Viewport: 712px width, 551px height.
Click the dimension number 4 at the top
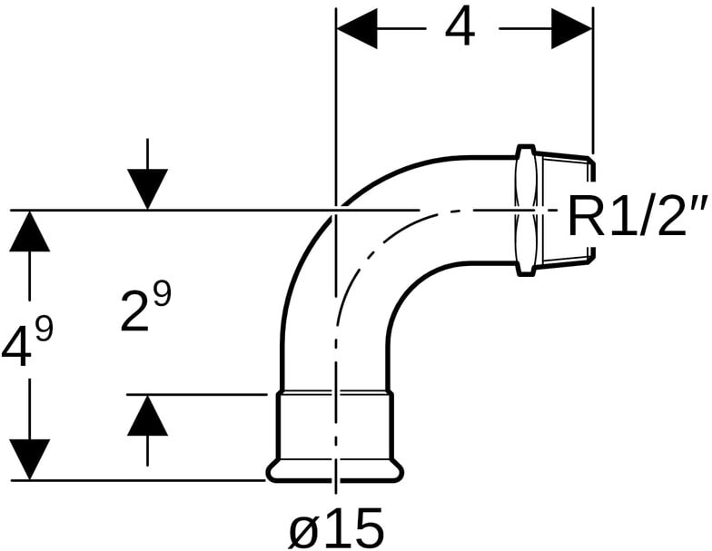[459, 29]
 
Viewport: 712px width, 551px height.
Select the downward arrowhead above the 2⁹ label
[147, 189]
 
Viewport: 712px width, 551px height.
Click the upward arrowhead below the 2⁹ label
[147, 418]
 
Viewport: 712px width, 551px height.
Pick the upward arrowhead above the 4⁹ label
[30, 232]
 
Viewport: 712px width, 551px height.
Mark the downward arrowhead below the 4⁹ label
[30, 459]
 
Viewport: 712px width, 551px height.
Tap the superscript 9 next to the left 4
[43, 330]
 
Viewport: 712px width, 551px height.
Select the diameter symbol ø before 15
[303, 526]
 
